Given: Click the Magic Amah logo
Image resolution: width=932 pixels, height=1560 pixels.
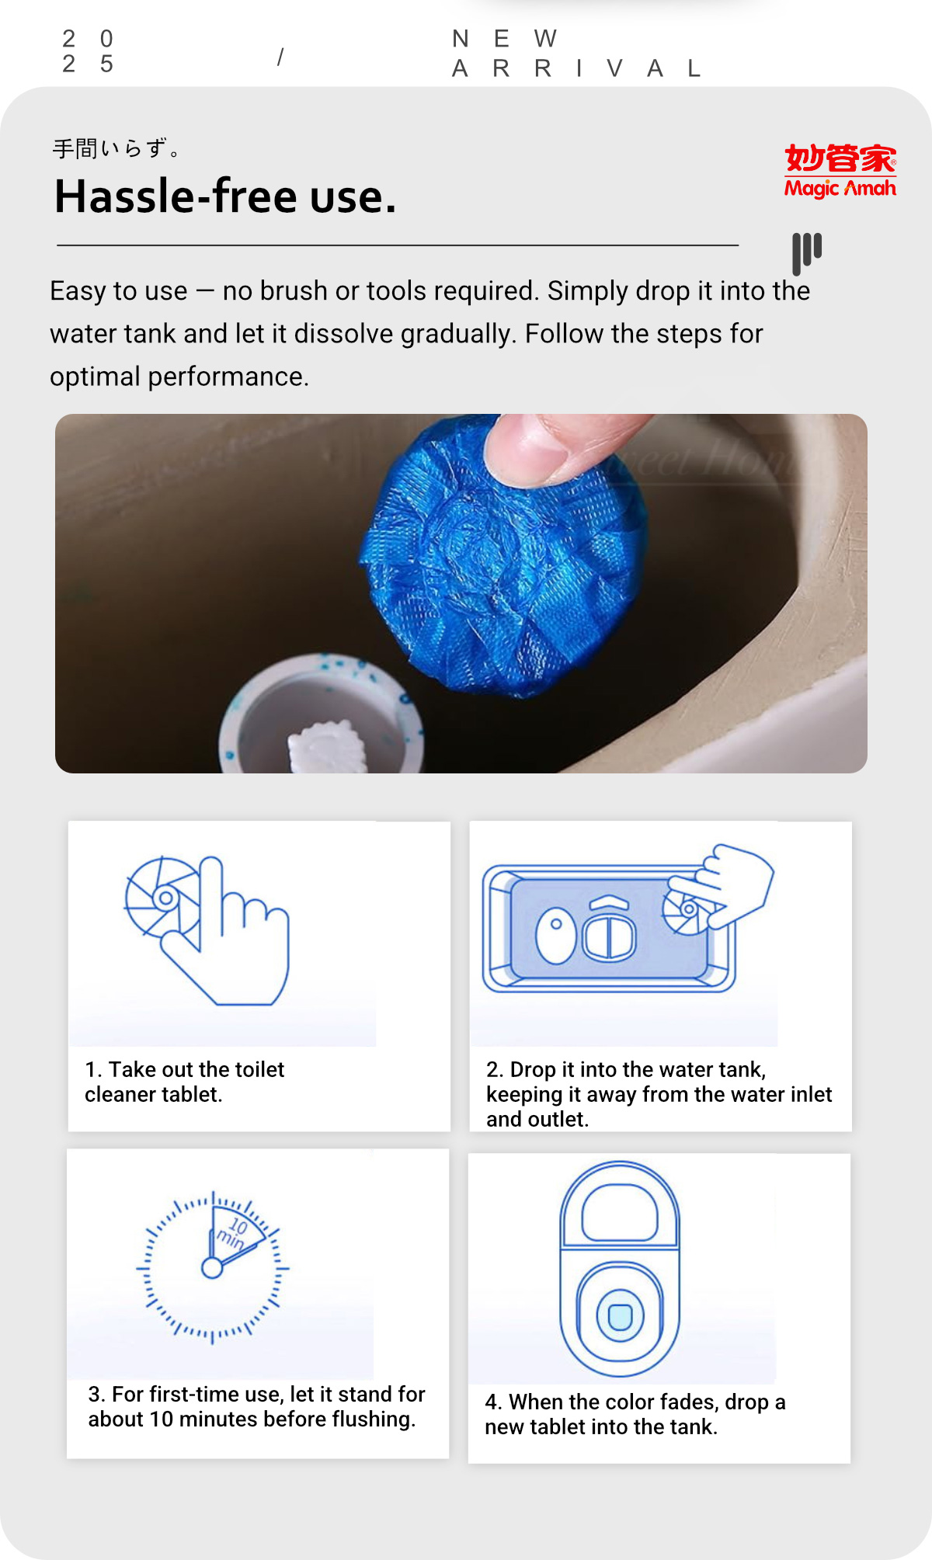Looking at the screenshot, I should coord(840,170).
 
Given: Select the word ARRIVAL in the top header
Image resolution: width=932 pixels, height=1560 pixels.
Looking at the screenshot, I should coord(576,68).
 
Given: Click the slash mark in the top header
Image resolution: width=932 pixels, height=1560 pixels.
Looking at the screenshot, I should coord(280,57).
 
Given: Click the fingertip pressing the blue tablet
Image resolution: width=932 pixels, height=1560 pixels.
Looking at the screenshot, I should coord(544,446).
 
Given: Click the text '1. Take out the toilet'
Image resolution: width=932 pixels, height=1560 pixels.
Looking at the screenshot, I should coord(185,1069).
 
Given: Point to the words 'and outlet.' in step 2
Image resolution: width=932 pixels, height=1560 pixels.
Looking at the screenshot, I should coord(537,1119).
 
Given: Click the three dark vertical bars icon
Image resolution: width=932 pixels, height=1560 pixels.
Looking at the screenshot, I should coord(806,252).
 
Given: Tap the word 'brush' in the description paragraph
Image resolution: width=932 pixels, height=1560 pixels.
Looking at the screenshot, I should coord(293,290).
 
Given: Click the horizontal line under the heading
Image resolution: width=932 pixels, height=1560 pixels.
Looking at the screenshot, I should coord(397,245).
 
